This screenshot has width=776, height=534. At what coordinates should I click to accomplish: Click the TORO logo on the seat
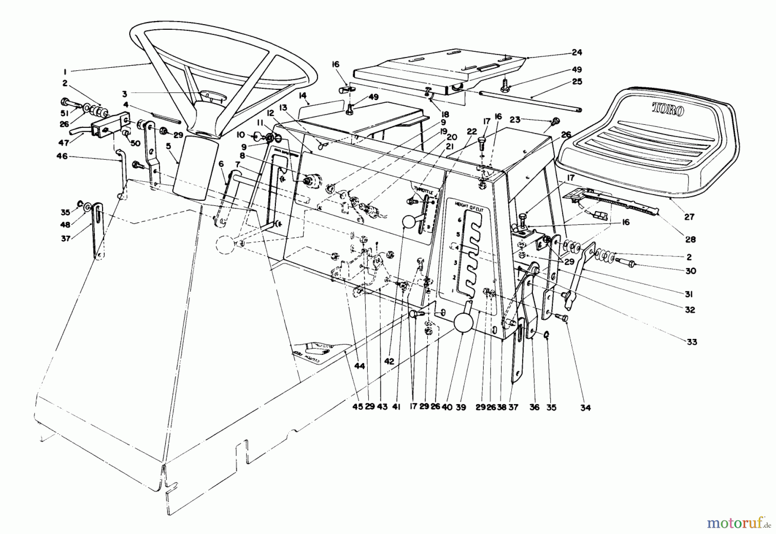click(x=667, y=109)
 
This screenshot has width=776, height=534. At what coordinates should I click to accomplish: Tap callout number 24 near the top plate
click(x=577, y=53)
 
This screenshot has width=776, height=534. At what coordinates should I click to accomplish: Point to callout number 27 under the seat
click(x=689, y=217)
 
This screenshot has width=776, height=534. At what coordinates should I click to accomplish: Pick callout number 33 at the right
click(x=692, y=342)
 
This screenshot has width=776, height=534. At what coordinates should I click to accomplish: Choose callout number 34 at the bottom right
click(x=585, y=407)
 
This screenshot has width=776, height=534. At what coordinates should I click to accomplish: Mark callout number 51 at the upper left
click(x=65, y=114)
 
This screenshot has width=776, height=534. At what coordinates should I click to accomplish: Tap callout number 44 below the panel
click(x=360, y=366)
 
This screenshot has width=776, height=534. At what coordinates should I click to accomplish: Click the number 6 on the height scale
click(x=460, y=220)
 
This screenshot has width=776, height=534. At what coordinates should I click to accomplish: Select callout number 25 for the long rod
click(x=577, y=82)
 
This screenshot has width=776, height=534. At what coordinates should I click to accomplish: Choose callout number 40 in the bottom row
click(x=447, y=407)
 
